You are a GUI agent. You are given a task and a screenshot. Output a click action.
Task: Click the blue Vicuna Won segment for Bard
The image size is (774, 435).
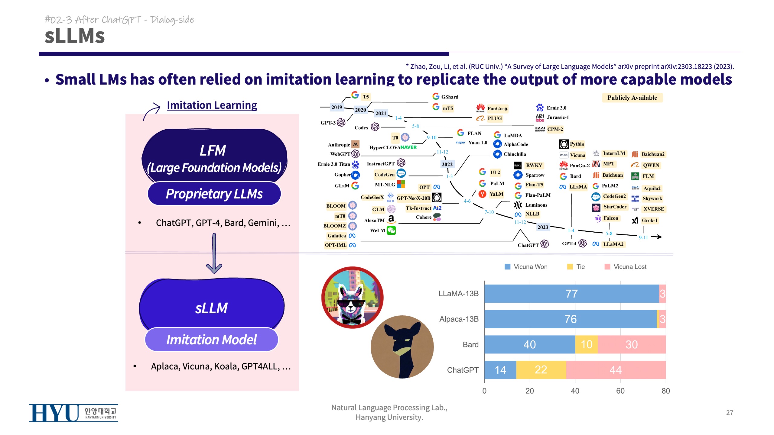click(x=529, y=344)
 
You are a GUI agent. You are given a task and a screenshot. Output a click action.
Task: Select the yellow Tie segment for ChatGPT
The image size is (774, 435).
click(x=541, y=370)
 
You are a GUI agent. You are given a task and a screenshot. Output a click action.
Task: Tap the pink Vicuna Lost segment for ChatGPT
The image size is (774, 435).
click(x=616, y=370)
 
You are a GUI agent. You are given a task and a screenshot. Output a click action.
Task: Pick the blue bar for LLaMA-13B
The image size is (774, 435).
click(x=571, y=294)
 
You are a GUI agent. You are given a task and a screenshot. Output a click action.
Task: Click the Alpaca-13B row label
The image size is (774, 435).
click(x=459, y=319)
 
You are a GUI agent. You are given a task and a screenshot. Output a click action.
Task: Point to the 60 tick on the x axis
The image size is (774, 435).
click(x=620, y=391)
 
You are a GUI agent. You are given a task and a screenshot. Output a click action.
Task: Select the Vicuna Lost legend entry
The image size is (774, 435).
click(x=626, y=267)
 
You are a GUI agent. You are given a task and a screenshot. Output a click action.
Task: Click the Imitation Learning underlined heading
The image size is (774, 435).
click(x=212, y=105)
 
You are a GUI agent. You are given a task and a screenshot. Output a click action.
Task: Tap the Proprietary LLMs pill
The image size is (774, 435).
click(x=214, y=194)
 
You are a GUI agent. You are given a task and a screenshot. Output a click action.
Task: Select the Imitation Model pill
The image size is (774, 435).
click(x=211, y=340)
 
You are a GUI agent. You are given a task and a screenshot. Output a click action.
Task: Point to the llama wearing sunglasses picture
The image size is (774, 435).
click(x=352, y=297)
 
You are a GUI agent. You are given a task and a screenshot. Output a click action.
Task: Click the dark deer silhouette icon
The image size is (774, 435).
click(x=402, y=347)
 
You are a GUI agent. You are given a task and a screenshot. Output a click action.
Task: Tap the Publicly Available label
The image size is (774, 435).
click(x=632, y=98)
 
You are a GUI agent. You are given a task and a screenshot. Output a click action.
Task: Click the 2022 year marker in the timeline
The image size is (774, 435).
click(x=447, y=164)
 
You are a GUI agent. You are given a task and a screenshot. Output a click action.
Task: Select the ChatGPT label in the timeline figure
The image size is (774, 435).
click(x=528, y=245)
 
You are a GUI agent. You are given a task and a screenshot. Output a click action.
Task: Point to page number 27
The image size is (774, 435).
click(x=730, y=413)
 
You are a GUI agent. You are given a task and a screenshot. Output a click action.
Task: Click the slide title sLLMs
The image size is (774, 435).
click(x=75, y=36)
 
